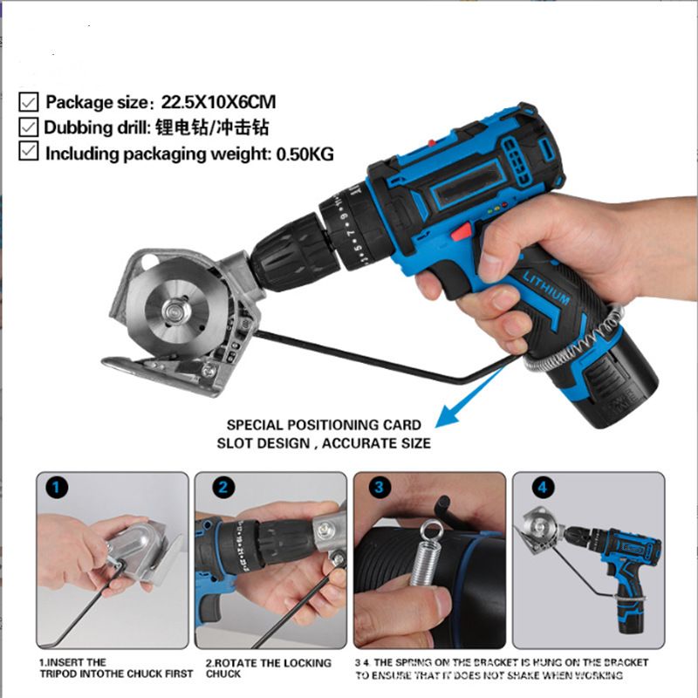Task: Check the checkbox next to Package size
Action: coord(29,102)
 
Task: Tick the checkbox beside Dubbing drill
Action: coord(29,127)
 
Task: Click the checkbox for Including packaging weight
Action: coord(29,151)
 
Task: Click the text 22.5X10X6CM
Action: coord(218,102)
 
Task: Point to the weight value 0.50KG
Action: coord(305,154)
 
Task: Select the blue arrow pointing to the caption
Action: coord(472,397)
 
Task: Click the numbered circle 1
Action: coord(57,488)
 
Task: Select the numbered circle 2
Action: coord(222,488)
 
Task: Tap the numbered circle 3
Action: coord(380,488)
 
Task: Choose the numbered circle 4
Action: coord(543,488)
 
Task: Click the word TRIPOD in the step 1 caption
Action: coord(56,674)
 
